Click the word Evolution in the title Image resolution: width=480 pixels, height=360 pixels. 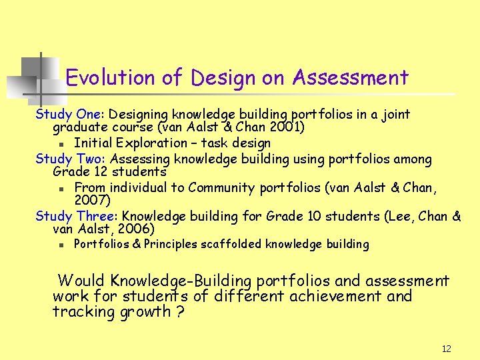109,78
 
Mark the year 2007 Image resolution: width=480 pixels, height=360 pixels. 90,200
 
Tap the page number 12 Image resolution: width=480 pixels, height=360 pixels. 447,349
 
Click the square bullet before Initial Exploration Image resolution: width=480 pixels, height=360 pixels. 61,143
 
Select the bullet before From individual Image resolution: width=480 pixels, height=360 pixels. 61,188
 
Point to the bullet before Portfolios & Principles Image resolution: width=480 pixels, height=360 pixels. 61,245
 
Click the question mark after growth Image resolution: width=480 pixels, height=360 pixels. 181,312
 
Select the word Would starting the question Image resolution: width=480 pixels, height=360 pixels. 81,281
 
